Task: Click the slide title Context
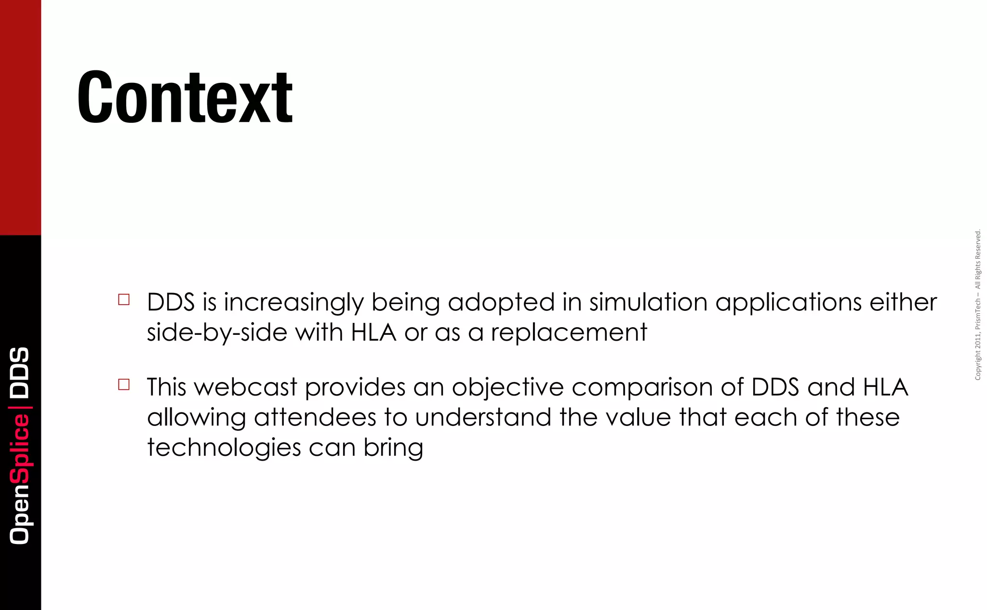185,97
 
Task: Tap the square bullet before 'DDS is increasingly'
124,300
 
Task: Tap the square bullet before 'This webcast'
124,385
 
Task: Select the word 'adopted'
501,303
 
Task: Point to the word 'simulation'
648,302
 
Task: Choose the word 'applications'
788,303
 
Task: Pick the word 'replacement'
569,333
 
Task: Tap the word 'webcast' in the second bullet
245,387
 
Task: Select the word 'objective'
507,388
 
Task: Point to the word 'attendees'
315,418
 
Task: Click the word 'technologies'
224,448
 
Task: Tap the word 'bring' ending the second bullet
393,448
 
